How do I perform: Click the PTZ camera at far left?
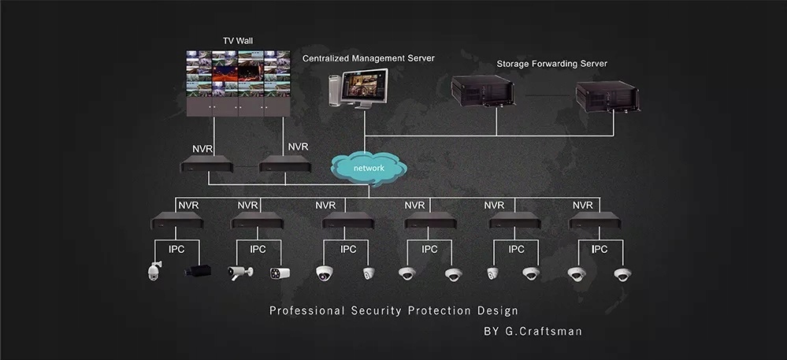pyautogui.click(x=154, y=271)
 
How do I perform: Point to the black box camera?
pyautogui.click(x=198, y=272)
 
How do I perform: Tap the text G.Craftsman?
pyautogui.click(x=544, y=332)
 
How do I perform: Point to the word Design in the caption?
pyautogui.click(x=496, y=311)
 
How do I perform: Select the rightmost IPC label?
pyautogui.click(x=600, y=250)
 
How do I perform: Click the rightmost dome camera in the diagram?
pyautogui.click(x=623, y=274)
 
